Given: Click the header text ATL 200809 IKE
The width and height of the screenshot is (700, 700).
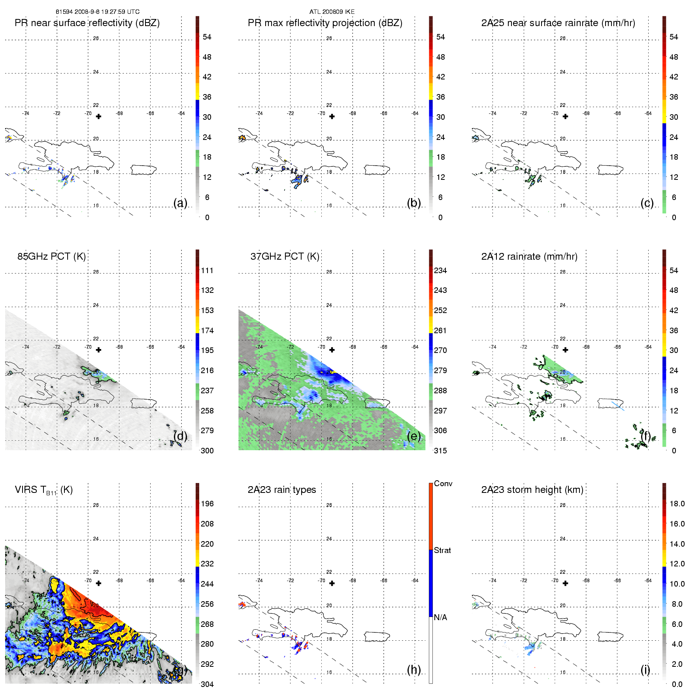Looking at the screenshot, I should coord(332,12).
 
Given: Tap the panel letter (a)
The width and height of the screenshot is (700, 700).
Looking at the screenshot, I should coord(180,203).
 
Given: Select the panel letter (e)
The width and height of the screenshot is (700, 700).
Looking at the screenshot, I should coord(414,436).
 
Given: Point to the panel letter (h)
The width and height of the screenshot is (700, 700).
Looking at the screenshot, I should coord(414,670).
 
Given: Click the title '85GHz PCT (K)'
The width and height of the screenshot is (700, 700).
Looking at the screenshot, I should coord(51,256).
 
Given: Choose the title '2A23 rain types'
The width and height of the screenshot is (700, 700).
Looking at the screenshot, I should coord(282,490).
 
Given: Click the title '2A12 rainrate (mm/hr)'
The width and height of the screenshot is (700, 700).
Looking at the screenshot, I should coord(529,256).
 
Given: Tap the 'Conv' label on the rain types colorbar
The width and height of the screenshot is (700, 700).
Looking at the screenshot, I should coord(443,483).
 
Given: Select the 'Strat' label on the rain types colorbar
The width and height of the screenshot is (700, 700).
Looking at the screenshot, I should coord(442,550).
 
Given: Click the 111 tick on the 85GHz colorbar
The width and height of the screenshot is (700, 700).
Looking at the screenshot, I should coord(207,270).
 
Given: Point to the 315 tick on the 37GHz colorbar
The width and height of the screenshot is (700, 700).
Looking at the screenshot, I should coord(440,451).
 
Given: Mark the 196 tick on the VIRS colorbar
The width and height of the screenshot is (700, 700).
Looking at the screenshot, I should coord(207,504).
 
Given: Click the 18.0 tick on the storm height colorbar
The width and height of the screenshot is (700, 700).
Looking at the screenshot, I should coord(677,504).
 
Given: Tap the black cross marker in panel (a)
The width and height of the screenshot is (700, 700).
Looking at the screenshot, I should coord(98,117).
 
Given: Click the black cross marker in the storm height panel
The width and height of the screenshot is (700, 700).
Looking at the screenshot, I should coord(565,583).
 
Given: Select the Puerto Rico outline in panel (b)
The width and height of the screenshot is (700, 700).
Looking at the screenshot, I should coord(377,170).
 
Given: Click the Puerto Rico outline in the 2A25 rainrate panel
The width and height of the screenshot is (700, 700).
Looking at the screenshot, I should coord(610,170).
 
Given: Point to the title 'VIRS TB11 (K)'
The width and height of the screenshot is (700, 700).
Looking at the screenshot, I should coord(43,490).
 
